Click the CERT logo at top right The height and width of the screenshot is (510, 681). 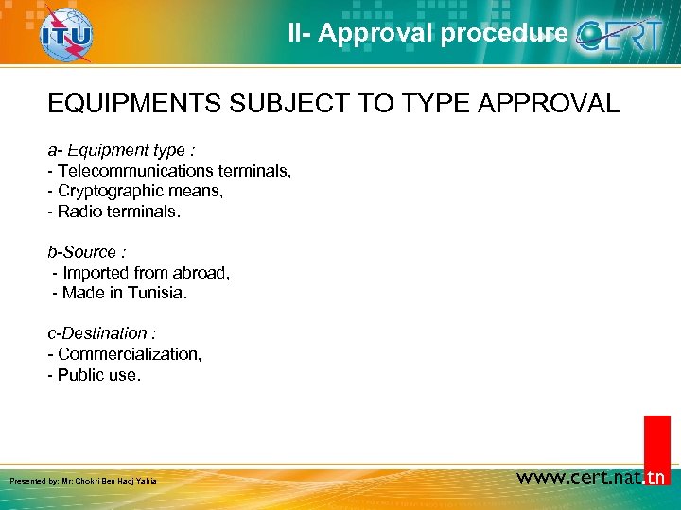point(625,35)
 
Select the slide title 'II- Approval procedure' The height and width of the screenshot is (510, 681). point(428,34)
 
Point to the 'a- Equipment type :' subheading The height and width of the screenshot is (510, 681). point(122,150)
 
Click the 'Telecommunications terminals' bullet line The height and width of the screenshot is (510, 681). point(169,171)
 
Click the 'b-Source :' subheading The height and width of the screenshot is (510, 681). point(87,252)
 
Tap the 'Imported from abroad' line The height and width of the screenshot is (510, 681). point(142,273)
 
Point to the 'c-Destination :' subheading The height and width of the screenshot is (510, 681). point(102,333)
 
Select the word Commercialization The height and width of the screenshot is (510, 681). point(129,354)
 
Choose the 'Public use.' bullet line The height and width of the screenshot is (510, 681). point(94,375)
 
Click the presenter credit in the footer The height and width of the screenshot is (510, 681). point(83,481)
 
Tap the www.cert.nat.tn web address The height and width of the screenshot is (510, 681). point(591,477)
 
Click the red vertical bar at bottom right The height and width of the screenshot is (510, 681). point(656,444)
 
